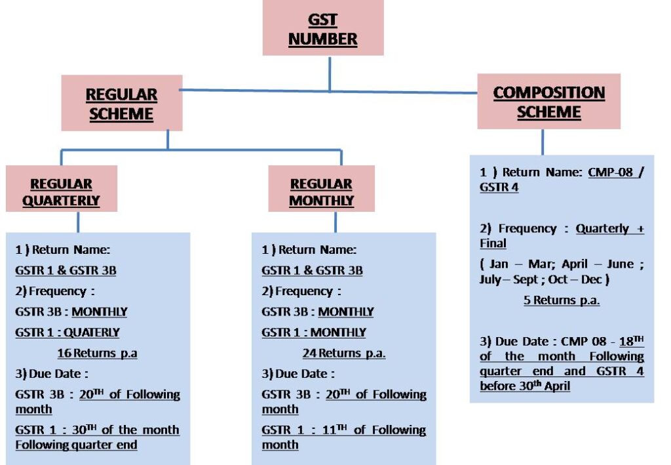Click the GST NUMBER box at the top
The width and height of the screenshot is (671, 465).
click(323, 30)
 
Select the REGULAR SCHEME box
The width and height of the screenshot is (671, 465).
click(121, 104)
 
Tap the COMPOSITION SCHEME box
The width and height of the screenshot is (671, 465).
click(548, 102)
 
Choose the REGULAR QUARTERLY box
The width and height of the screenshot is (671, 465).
click(61, 192)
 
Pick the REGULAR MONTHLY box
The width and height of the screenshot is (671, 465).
click(321, 192)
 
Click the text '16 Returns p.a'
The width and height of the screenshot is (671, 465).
click(97, 354)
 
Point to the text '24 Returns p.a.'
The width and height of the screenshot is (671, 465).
click(344, 354)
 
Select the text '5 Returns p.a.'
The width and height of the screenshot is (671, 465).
click(562, 300)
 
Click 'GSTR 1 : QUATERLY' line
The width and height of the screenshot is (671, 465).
click(67, 333)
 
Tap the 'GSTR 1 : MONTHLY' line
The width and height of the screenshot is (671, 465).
click(314, 333)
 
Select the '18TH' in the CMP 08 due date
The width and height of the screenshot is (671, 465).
click(631, 341)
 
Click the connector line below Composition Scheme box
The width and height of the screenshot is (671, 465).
click(543, 142)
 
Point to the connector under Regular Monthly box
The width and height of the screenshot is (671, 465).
click(336, 222)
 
